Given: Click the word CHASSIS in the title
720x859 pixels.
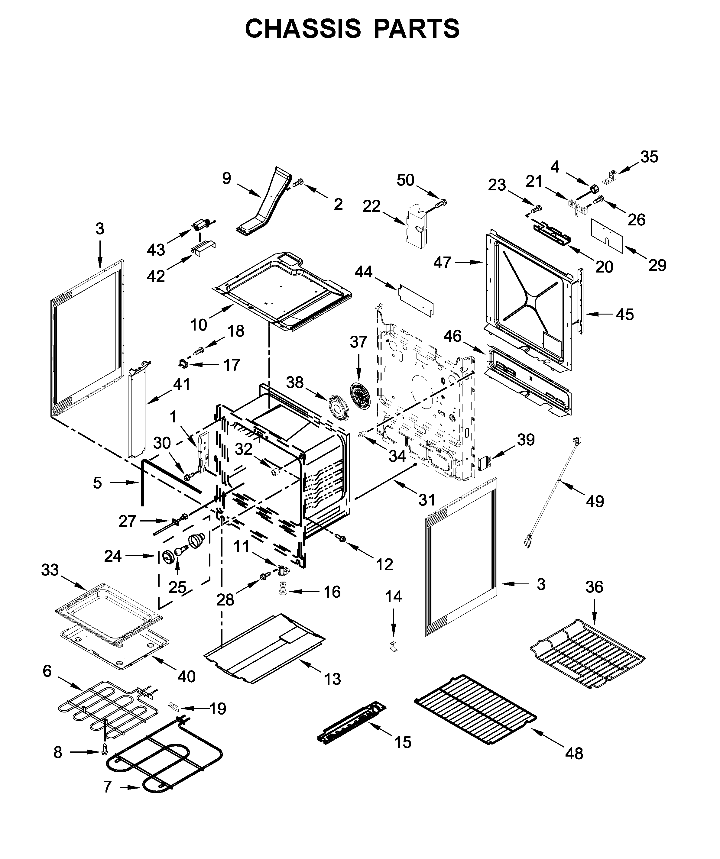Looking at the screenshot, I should pyautogui.click(x=303, y=29).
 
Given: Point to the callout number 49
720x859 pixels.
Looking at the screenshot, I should pyautogui.click(x=595, y=501).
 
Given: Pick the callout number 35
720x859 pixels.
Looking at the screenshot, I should pyautogui.click(x=649, y=157).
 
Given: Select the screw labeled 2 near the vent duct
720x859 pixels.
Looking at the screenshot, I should pyautogui.click(x=299, y=182).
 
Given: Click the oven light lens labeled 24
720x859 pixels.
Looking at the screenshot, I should pyautogui.click(x=168, y=557).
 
